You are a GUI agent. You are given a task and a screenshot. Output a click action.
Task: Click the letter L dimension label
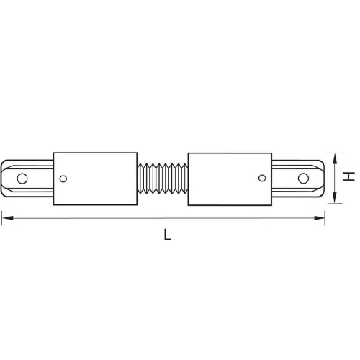pos(167,235)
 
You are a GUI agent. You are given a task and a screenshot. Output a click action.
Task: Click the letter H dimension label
pos(346,177)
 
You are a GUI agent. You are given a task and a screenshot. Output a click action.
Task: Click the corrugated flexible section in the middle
pos(161,177)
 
